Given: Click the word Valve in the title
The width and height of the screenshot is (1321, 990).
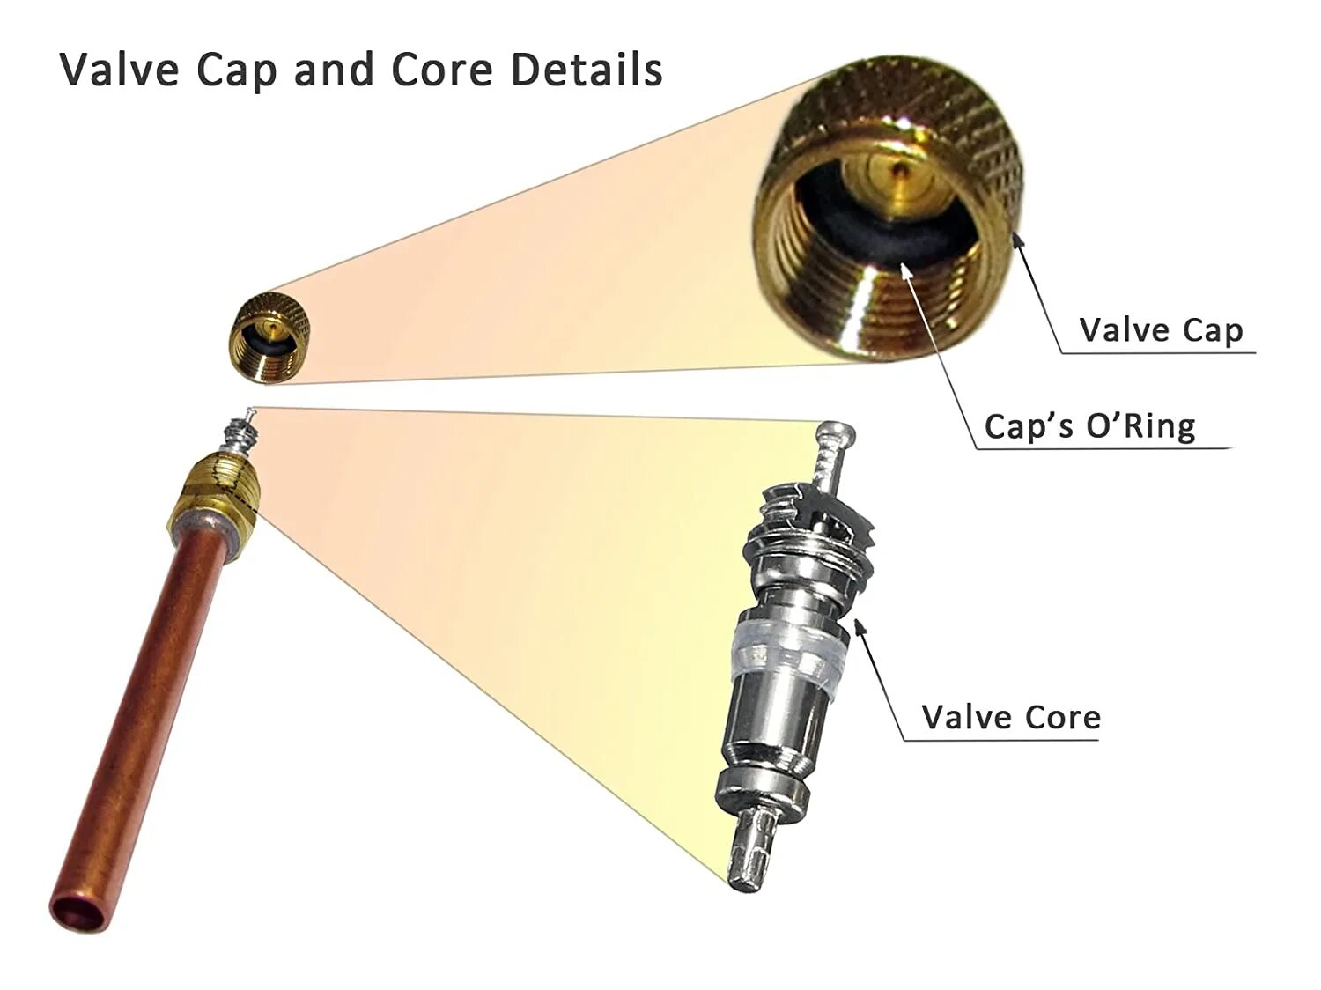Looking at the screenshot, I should (x=119, y=70).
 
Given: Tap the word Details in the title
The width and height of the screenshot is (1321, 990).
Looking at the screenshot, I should (x=587, y=70).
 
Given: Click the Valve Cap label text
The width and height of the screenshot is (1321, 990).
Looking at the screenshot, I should (x=1161, y=330).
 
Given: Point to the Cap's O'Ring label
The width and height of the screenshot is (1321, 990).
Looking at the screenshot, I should (x=1089, y=426).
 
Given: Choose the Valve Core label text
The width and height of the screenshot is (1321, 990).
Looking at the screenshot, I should (x=1011, y=717).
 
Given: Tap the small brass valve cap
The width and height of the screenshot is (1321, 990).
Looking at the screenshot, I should (x=269, y=338).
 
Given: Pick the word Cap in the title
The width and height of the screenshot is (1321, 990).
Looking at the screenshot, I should (x=236, y=70).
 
